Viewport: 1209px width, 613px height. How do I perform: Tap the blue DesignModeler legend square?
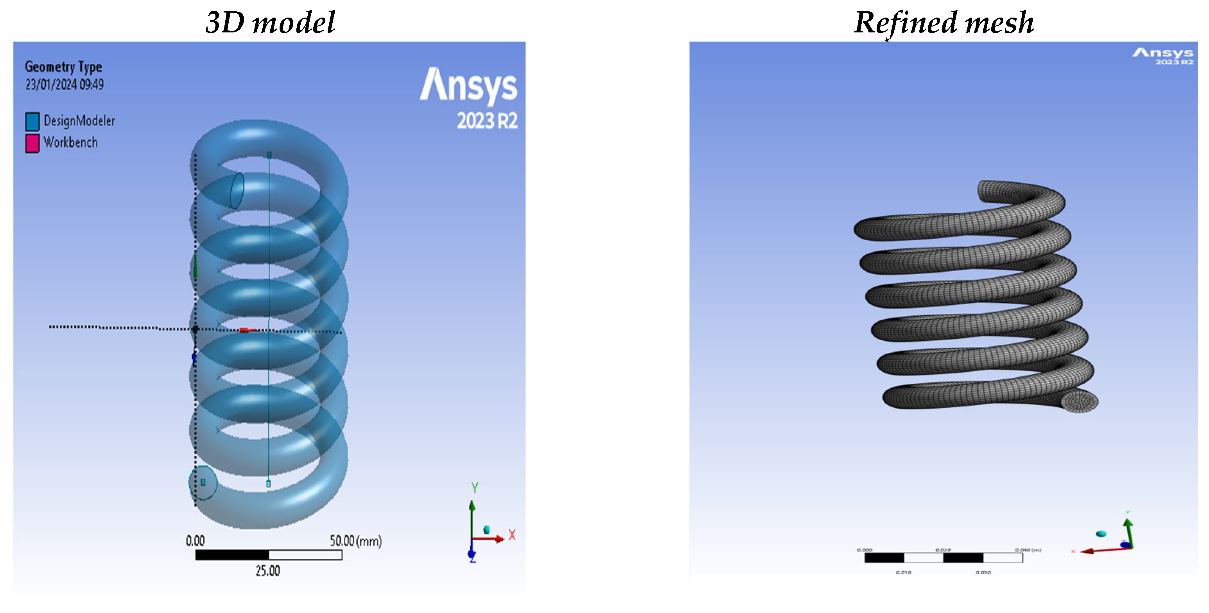coord(32,122)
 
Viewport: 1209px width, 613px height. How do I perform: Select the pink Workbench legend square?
coord(32,143)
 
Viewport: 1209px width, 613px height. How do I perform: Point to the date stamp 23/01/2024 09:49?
coord(64,85)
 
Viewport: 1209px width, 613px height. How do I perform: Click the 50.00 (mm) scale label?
coord(355,541)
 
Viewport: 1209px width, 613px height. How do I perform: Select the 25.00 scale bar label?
coord(267,571)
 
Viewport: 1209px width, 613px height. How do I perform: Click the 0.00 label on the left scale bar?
coord(195,541)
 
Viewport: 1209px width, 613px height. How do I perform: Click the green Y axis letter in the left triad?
coord(475,488)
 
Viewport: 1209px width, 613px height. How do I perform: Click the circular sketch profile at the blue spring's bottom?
coord(203,483)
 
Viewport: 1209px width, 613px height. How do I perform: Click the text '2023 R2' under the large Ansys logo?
coord(487,121)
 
